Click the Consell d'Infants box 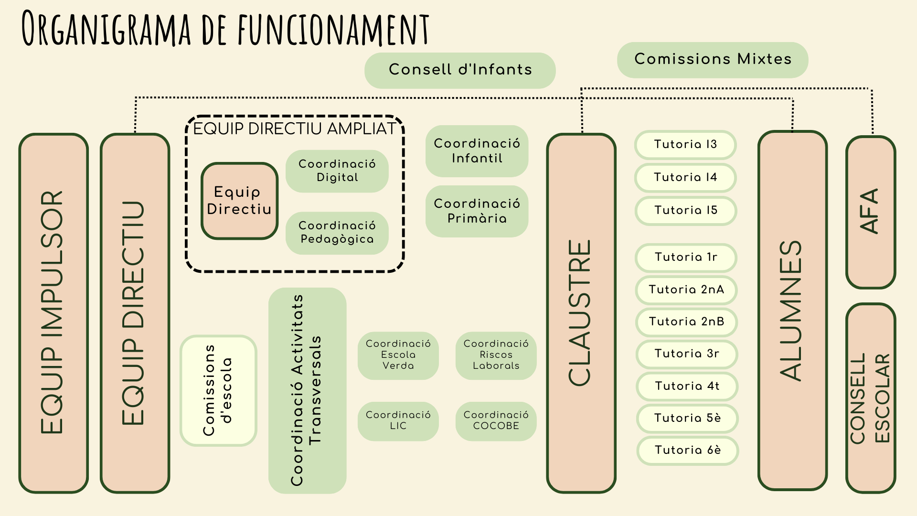[x=460, y=70]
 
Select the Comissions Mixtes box [x=713, y=60]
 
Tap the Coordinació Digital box [x=337, y=171]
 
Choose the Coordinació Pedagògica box [x=337, y=233]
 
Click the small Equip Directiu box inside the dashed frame [x=239, y=201]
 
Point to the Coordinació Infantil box [x=477, y=151]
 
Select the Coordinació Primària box [x=477, y=211]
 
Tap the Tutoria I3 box [x=685, y=145]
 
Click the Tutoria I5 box [x=686, y=211]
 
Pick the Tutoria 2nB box [x=686, y=322]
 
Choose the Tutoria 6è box [x=688, y=451]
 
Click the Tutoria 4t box [x=687, y=387]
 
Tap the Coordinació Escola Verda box [x=398, y=355]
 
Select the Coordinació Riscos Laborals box [x=496, y=355]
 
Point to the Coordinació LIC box [x=398, y=421]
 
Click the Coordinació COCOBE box [x=496, y=421]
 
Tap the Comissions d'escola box [x=218, y=390]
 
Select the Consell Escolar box [x=870, y=398]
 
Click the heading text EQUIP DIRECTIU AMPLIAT [x=295, y=129]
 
